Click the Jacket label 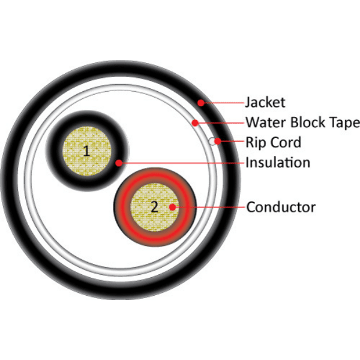tap(265, 103)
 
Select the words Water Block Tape tap(302, 123)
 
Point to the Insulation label tap(278, 163)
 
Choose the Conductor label tap(281, 208)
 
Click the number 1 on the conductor tap(87, 151)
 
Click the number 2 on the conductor tap(154, 207)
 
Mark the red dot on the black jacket tap(201, 103)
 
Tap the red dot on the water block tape tap(194, 124)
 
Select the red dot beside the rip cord tap(219, 142)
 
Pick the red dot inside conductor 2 tap(173, 208)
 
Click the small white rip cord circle tap(212, 142)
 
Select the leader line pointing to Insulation tap(180, 163)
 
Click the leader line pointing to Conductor tap(210, 208)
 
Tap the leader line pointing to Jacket tap(222, 103)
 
